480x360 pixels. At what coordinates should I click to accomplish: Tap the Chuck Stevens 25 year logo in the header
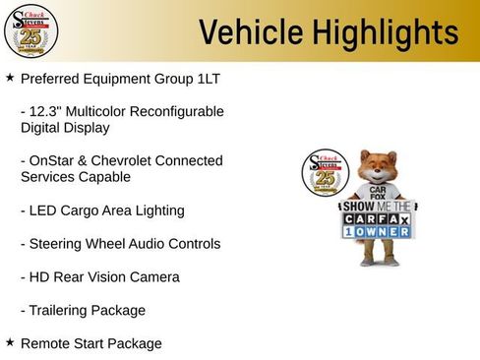(30, 30)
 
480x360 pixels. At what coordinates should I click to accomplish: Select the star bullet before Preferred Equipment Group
(10, 76)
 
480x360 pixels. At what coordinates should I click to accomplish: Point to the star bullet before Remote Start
(10, 342)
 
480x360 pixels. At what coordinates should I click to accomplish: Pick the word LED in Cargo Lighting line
(47, 210)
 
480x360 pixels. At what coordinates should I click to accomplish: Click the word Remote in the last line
(46, 343)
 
